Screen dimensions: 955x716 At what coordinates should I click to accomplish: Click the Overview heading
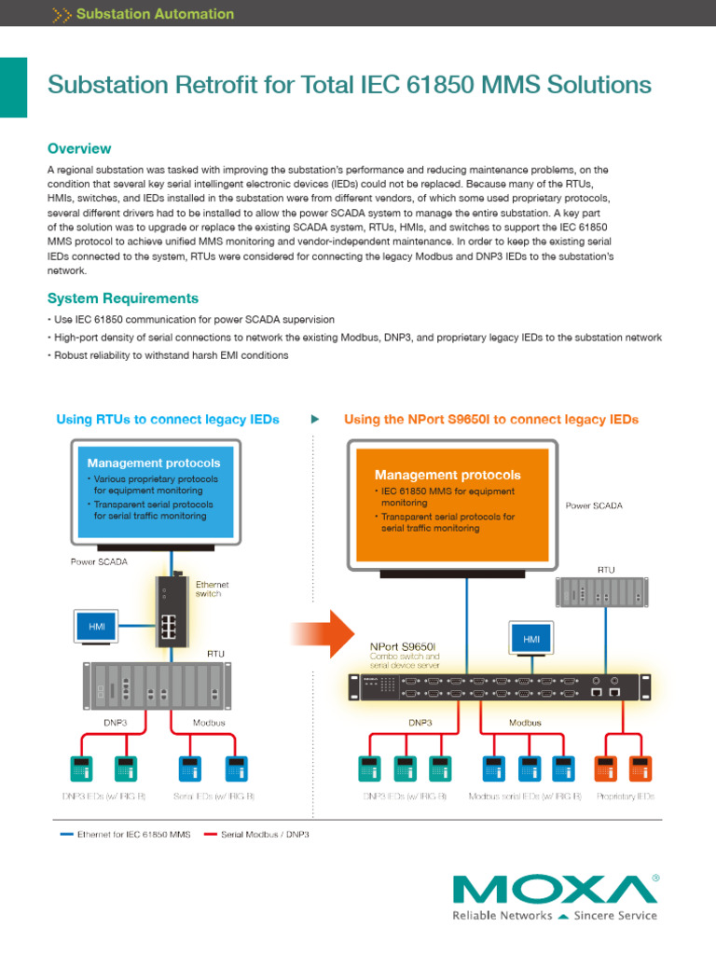[x=79, y=149]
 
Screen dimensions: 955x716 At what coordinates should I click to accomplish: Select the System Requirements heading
[x=122, y=298]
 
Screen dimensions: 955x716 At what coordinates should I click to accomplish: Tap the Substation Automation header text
[x=154, y=14]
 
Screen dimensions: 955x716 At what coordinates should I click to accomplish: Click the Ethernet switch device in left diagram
[x=169, y=607]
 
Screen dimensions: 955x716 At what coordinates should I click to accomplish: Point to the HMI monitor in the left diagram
[x=97, y=628]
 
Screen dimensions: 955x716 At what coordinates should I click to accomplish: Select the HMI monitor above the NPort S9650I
[x=531, y=639]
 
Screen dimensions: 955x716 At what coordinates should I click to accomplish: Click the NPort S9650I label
[x=402, y=644]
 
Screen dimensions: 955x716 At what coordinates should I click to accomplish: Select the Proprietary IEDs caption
[x=625, y=796]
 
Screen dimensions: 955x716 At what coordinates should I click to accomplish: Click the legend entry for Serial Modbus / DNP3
[x=265, y=834]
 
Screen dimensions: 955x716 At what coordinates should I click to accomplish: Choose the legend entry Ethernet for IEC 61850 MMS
[x=133, y=834]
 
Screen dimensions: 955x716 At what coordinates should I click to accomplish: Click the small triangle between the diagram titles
[x=315, y=420]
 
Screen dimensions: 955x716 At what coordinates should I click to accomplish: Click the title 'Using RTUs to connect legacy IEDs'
[x=168, y=420]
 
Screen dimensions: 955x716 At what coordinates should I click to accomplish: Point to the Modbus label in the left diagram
[x=210, y=722]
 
